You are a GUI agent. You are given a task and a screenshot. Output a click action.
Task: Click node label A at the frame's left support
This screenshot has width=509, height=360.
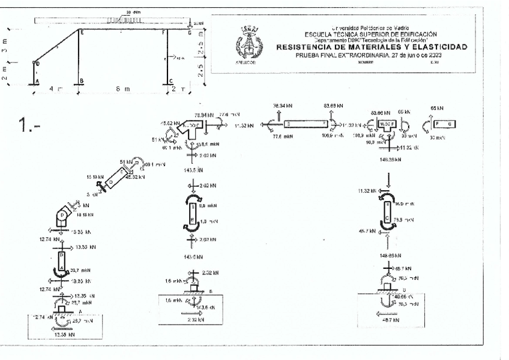(37, 82)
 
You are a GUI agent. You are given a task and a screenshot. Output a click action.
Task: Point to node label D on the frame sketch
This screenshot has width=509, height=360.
(37, 63)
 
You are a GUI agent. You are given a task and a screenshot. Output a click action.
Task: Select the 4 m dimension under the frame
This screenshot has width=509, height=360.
(56, 89)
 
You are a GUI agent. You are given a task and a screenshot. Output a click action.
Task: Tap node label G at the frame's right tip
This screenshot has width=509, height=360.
(190, 34)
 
